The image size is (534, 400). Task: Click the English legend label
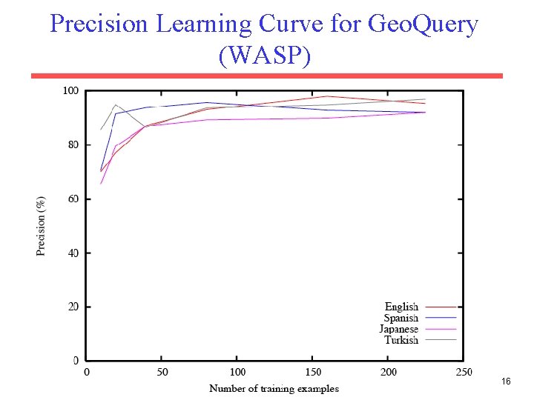(401, 307)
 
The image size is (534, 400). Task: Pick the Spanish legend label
(400, 318)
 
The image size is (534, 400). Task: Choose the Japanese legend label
(398, 329)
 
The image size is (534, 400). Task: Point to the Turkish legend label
(401, 340)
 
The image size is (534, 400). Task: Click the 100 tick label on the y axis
(70, 91)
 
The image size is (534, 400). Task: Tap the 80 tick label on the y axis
(73, 145)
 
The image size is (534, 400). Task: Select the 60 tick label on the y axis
(73, 199)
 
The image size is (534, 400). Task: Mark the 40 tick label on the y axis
(73, 253)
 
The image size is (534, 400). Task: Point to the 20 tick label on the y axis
(73, 307)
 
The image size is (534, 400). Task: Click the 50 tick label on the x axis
(162, 372)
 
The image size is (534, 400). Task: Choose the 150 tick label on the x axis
(313, 372)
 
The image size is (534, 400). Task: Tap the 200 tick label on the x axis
(389, 372)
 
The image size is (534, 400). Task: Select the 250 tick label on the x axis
(464, 372)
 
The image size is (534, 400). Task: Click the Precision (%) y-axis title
(42, 225)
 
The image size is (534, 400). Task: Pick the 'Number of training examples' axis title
(274, 388)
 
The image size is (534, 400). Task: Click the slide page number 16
(506, 381)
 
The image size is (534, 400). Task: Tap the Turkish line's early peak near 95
(116, 104)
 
